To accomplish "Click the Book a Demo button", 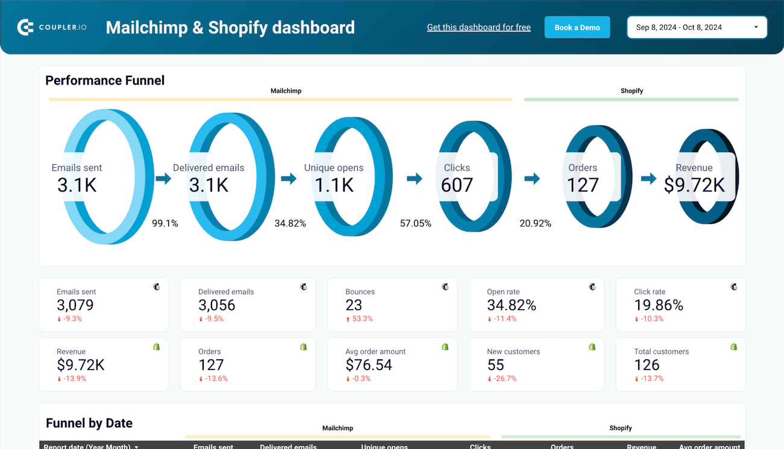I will [x=577, y=28].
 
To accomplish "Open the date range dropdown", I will [x=697, y=28].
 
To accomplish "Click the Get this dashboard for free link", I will [x=478, y=28].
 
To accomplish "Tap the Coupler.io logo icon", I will [x=25, y=27].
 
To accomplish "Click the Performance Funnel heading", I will [x=105, y=81].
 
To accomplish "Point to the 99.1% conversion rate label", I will [x=165, y=223].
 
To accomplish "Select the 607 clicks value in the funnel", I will [x=457, y=185].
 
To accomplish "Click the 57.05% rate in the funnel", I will [x=416, y=223].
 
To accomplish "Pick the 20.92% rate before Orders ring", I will [x=535, y=223].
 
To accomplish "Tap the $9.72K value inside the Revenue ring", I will [x=694, y=185].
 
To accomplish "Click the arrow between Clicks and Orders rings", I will [x=532, y=178].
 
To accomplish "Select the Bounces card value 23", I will [x=354, y=305].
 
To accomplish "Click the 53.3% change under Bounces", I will [x=362, y=319].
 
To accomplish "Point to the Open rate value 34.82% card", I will [x=512, y=305].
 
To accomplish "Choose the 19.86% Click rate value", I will [x=659, y=305].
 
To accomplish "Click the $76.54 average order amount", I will [x=369, y=365].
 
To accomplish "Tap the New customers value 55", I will [x=496, y=365].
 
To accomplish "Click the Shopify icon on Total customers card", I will [x=733, y=347].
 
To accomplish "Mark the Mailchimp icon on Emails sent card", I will [x=157, y=287].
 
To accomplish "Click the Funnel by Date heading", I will [x=89, y=423].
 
